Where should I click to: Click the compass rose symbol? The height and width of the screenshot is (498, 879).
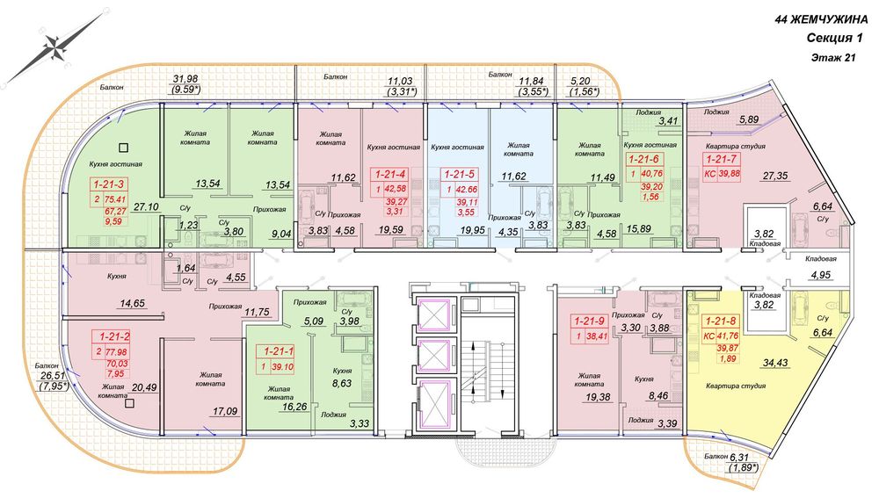55,47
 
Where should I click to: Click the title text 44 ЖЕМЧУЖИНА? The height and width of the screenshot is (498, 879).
821,19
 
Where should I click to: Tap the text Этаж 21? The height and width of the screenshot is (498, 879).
833,57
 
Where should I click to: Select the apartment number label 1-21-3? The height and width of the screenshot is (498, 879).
109,184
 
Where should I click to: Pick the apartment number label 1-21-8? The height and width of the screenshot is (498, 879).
721,321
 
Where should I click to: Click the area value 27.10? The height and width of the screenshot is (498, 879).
146,206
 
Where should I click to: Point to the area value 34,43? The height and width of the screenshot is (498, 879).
775,363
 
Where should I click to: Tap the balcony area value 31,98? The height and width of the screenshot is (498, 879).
185,79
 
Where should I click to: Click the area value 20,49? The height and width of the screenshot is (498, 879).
143,387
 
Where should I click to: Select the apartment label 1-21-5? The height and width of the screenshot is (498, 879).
459,175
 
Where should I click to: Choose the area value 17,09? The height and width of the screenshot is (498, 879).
225,411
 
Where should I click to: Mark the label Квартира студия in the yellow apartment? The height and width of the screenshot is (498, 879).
736,386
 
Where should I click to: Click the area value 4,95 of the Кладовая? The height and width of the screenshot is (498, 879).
821,275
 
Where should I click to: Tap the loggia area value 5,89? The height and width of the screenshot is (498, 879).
748,119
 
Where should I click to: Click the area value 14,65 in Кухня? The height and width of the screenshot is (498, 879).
132,304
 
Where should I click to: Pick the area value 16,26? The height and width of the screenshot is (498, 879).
294,407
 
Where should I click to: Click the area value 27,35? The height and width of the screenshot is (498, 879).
774,176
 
